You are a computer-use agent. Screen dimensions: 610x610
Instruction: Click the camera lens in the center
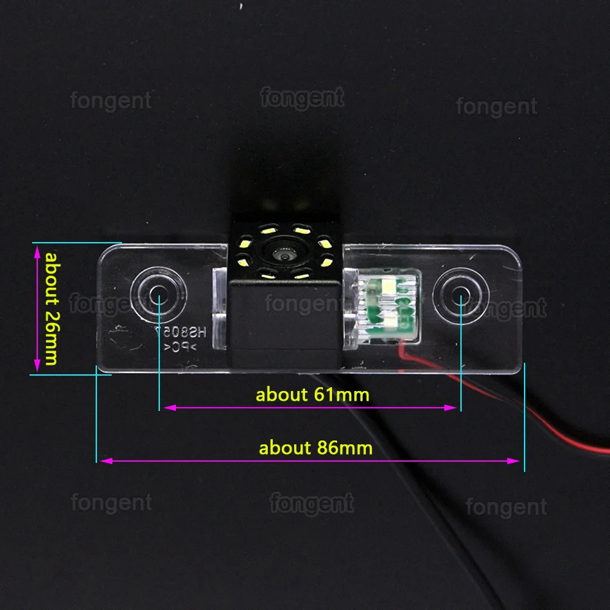(283, 254)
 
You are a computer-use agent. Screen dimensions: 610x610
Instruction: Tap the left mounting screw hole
(157, 295)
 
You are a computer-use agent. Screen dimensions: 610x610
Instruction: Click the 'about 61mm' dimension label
(313, 394)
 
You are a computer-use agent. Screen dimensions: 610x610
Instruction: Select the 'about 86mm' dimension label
(315, 447)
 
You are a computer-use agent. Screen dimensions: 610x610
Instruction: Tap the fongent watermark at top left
(111, 100)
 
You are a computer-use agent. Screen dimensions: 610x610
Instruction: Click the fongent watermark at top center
(302, 98)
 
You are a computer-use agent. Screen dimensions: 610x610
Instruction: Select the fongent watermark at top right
(496, 107)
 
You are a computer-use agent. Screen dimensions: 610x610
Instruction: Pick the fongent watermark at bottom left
(111, 502)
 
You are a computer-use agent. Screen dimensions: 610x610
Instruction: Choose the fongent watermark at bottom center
(312, 503)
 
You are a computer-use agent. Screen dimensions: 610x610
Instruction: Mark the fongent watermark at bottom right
(507, 507)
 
